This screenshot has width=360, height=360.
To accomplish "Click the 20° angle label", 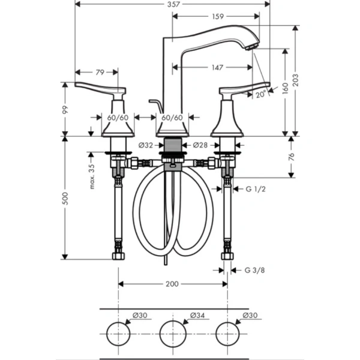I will click(259, 94).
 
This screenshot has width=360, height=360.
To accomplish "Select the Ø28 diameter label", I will click(200, 145).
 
